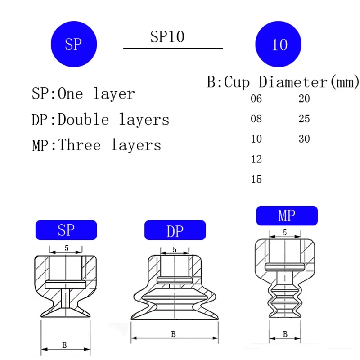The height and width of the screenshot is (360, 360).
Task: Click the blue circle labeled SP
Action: [x=74, y=44]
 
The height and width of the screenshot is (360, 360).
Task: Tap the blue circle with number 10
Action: [x=278, y=44]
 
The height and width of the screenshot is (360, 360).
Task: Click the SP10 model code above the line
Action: [x=167, y=37]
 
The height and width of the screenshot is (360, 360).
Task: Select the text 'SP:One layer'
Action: [x=83, y=94]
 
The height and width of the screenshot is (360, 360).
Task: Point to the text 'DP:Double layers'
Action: [x=100, y=120]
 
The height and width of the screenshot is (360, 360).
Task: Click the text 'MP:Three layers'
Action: [x=97, y=145]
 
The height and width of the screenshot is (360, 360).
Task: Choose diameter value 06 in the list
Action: [x=256, y=99]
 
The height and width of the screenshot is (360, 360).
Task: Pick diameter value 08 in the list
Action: [x=256, y=119]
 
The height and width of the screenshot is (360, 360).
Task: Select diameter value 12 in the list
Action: [x=256, y=159]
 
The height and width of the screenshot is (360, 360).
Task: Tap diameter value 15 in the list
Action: [x=256, y=179]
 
